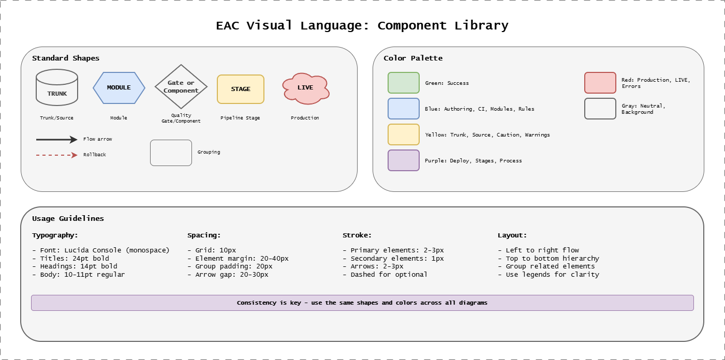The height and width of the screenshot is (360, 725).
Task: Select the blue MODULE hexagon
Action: [x=119, y=88]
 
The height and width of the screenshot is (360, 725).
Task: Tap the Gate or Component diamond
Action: [x=181, y=87]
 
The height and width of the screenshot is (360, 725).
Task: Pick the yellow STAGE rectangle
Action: [x=241, y=89]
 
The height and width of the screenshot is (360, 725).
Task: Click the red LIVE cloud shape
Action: [x=305, y=88]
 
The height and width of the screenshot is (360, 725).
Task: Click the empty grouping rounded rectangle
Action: [x=171, y=153]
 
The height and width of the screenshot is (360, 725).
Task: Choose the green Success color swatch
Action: [x=404, y=83]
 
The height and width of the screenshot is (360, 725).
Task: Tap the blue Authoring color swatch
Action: [x=404, y=109]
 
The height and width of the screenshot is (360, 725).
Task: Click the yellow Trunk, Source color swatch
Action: [x=404, y=134]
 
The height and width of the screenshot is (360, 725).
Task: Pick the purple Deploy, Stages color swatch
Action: [x=404, y=160]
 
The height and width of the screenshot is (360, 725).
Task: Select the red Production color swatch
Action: [x=600, y=83]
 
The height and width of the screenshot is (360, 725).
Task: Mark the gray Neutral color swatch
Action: [x=600, y=109]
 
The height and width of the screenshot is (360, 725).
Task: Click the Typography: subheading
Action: [x=55, y=235]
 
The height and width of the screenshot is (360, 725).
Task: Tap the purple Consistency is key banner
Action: [x=362, y=303]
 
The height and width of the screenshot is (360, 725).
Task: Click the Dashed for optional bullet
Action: [x=385, y=275]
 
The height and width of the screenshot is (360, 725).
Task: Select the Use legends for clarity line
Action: [x=549, y=275]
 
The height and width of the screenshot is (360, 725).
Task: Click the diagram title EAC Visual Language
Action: [x=362, y=25]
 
